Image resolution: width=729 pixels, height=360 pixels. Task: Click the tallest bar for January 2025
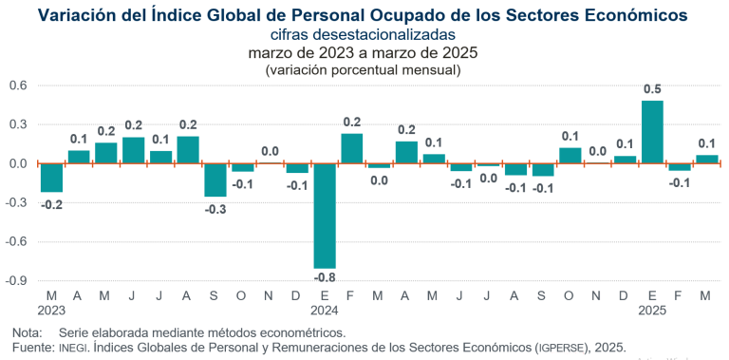pos(652,132)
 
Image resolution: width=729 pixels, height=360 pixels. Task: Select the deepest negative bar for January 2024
pos(325,216)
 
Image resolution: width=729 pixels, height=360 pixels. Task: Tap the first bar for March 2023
pos(51,178)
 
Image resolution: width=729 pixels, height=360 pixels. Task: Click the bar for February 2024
pos(352,148)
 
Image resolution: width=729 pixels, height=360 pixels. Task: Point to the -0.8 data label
pos(325,278)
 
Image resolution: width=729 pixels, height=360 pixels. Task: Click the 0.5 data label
pos(652,90)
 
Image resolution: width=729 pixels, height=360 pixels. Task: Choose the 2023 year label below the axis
pos(51,311)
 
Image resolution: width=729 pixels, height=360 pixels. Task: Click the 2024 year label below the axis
pos(325,311)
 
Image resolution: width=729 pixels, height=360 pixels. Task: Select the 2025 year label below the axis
pos(652,311)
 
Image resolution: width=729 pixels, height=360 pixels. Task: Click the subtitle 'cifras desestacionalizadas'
pos(364,35)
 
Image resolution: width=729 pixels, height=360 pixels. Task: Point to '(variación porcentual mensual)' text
pos(364,69)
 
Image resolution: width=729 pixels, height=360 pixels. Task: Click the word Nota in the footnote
pos(28,333)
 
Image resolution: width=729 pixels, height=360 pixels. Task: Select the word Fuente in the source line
pos(33,348)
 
